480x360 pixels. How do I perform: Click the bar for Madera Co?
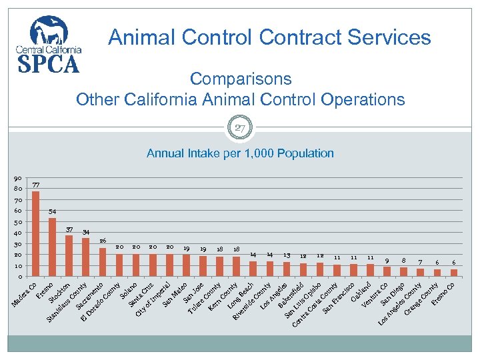click(36, 233)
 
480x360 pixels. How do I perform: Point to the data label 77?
click(36, 185)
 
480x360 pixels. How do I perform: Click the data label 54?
click(53, 211)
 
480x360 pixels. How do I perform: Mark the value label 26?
click(103, 240)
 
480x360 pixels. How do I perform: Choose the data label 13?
click(287, 255)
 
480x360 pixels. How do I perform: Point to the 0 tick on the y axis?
click(19, 277)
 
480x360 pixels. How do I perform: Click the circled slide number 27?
click(240, 127)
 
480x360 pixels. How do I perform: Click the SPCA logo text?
click(47, 63)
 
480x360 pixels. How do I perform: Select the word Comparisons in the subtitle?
click(240, 79)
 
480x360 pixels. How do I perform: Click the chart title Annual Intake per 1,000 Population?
click(240, 153)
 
